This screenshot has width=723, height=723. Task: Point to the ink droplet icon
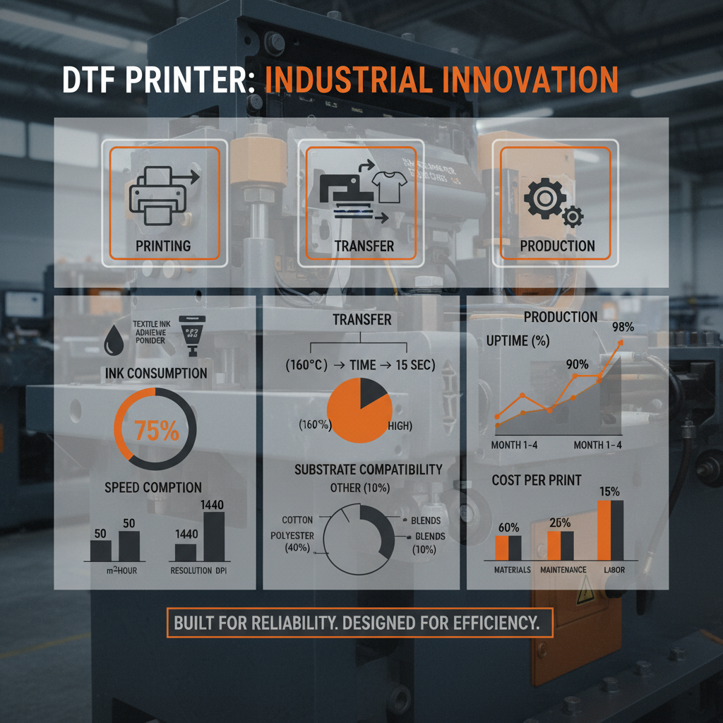pyautogui.click(x=113, y=340)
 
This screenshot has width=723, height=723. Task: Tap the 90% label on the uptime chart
pyautogui.click(x=577, y=364)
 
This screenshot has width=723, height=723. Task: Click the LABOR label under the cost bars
pyautogui.click(x=614, y=570)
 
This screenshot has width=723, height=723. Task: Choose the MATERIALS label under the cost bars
pyautogui.click(x=512, y=570)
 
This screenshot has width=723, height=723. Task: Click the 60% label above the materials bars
pyautogui.click(x=508, y=527)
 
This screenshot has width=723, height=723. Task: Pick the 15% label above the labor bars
pyautogui.click(x=609, y=491)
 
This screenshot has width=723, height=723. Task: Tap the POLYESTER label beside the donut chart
pyautogui.click(x=292, y=536)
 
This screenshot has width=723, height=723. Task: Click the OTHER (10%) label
pyautogui.click(x=360, y=488)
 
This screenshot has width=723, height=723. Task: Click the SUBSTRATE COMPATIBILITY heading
pyautogui.click(x=368, y=470)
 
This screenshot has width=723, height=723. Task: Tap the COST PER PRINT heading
pyautogui.click(x=537, y=480)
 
